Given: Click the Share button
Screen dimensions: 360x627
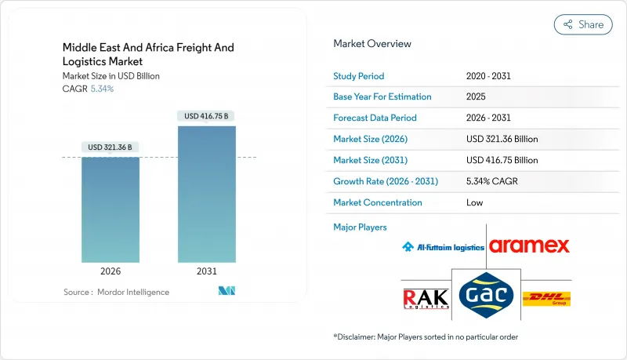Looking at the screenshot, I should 583,24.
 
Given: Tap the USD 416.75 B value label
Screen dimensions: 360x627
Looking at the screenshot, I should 207,116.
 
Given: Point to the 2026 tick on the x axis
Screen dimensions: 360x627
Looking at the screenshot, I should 111,271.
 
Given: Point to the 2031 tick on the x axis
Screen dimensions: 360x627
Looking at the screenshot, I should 207,271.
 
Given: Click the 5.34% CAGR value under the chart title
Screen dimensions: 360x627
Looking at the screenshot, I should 103,89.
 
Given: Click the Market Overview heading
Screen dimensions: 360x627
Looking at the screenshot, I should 371,44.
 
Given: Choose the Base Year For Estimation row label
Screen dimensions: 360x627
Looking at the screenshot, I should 382,97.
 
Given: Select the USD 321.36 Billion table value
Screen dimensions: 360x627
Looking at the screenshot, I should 502,140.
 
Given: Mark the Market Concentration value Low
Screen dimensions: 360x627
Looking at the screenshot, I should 475,202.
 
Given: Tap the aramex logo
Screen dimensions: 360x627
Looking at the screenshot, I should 529,246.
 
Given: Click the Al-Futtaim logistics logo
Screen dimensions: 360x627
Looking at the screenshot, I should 443,247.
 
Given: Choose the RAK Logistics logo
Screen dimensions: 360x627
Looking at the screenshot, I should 426,298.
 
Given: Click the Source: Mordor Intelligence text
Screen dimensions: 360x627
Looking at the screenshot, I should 116,292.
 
